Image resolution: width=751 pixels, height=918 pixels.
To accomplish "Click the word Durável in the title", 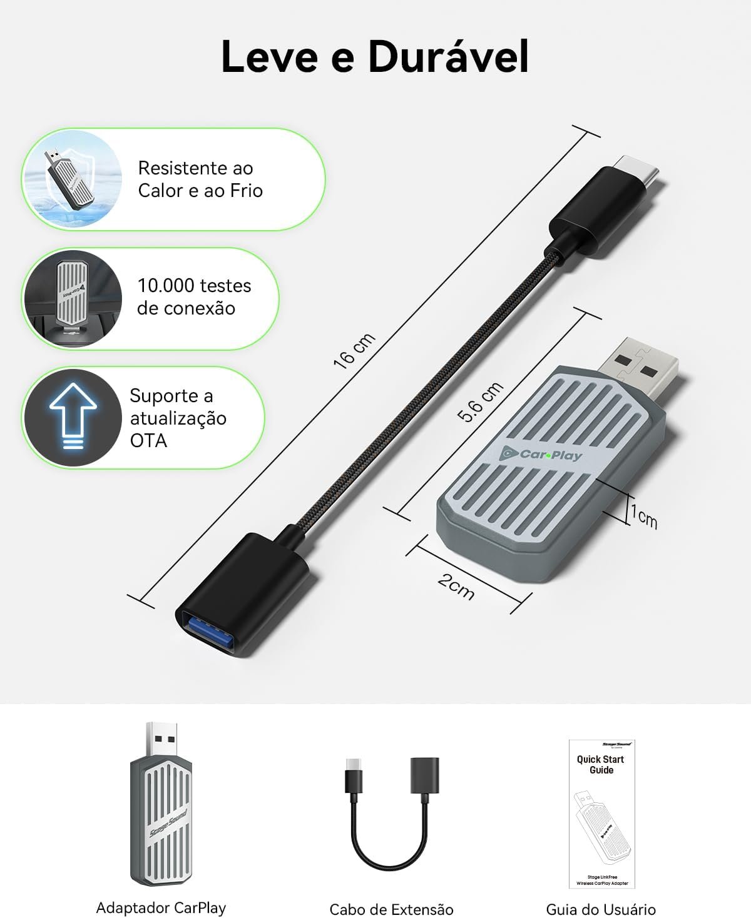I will pos(448,58).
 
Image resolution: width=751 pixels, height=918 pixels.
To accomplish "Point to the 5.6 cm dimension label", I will pos(480,401).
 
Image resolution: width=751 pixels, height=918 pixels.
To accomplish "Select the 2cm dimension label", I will pos(456,585).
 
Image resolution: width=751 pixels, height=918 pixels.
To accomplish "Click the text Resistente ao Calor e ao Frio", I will pos(200,179).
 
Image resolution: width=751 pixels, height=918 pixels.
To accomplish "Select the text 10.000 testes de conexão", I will pos(193,296).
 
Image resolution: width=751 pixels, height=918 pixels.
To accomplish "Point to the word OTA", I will pos(148,441).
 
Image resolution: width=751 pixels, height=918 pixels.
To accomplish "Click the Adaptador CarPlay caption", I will pos(161,907).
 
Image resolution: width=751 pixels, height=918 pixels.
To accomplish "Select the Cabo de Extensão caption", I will pos(391,909).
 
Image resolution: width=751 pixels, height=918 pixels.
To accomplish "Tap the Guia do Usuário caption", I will pos(601,909).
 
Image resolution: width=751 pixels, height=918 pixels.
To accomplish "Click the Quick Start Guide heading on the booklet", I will pos(601,764).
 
